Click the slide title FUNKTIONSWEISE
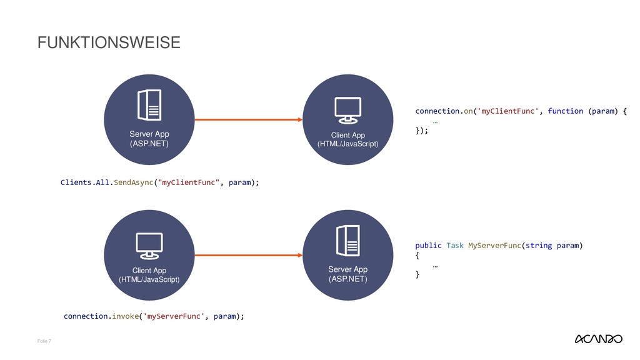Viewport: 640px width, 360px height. pyautogui.click(x=109, y=42)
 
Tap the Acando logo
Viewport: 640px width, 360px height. pyautogui.click(x=597, y=339)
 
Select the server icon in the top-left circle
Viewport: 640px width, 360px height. pyautogui.click(x=149, y=105)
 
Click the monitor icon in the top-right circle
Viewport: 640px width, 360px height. pyautogui.click(x=347, y=111)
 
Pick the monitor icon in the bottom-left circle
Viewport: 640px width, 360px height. pyautogui.click(x=149, y=246)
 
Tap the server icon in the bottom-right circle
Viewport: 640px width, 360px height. pyautogui.click(x=347, y=241)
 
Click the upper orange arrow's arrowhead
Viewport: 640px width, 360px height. pyautogui.click(x=297, y=119)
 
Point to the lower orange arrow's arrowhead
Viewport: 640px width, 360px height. pyautogui.click(x=297, y=255)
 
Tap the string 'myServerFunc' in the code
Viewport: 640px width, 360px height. pyautogui.click(x=174, y=316)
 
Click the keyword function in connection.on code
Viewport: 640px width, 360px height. pyautogui.click(x=565, y=111)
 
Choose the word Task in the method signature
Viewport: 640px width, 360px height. pyautogui.click(x=455, y=246)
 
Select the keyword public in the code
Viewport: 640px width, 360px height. pyautogui.click(x=428, y=246)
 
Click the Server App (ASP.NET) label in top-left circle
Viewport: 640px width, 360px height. pyautogui.click(x=149, y=139)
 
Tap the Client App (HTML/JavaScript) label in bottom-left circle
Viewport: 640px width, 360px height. pyautogui.click(x=149, y=275)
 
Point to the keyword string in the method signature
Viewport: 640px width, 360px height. pyautogui.click(x=538, y=246)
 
